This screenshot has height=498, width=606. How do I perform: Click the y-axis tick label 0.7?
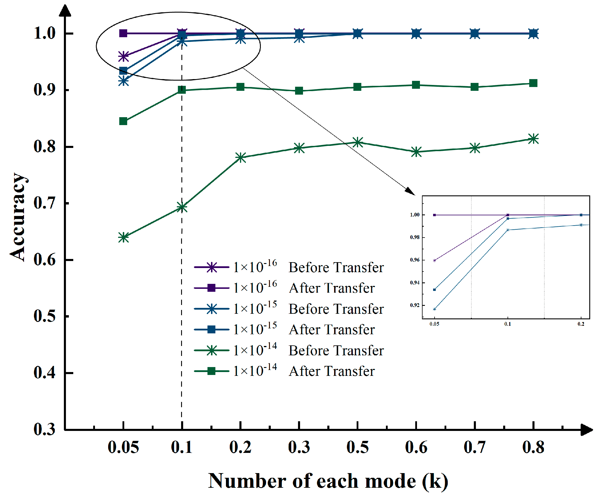tap(44, 203)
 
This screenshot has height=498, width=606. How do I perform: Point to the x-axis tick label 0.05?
tap(123, 447)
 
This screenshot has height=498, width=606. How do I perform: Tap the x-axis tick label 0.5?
tap(357, 447)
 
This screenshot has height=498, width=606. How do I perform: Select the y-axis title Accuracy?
tap(18, 217)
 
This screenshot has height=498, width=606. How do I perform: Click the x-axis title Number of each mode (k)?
tap(328, 481)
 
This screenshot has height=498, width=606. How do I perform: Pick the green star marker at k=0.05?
tap(123, 237)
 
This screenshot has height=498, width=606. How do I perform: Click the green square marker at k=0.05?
tap(123, 121)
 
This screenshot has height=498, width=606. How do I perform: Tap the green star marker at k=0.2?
tap(240, 158)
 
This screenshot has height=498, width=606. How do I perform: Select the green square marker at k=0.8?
tap(533, 83)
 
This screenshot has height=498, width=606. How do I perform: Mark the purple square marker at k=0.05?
tap(123, 33)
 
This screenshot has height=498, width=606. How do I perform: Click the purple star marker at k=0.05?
tap(123, 56)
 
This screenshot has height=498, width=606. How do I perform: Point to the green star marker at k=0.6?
tap(416, 152)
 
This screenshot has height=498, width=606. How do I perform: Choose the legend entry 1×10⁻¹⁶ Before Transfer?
tap(289, 267)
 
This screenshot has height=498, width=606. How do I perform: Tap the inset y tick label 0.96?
tap(415, 260)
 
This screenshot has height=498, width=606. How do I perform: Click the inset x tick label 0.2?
tap(581, 324)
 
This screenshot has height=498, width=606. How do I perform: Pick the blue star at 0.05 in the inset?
tap(434, 309)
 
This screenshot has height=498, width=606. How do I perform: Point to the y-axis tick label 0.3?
tap(44, 429)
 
